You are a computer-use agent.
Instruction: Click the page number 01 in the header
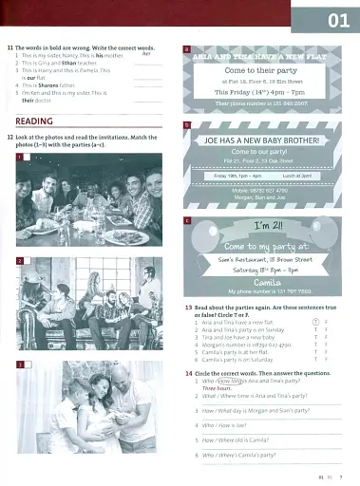337,19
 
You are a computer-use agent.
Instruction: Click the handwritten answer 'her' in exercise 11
146,53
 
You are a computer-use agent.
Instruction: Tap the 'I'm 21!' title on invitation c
263,227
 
